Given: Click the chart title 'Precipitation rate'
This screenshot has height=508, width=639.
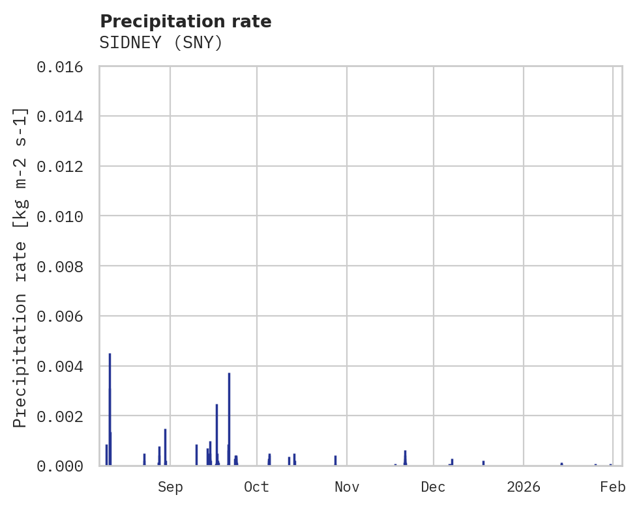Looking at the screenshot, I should pos(185,21).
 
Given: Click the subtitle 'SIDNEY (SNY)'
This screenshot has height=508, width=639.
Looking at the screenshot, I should pos(161,43).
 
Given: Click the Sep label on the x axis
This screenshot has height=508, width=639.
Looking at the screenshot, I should pos(170,487).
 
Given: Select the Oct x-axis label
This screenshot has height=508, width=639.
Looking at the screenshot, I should pos(257,487).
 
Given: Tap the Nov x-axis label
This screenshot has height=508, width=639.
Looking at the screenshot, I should pos(346,487).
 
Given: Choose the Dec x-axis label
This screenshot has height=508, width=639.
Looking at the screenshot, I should pos(433,487).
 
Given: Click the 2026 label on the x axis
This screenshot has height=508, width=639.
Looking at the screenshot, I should pos(524,487).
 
